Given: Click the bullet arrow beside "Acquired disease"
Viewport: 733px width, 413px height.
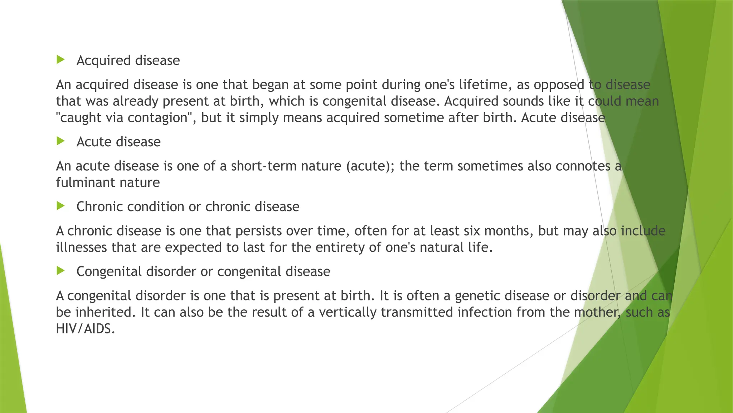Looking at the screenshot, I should (x=60, y=60).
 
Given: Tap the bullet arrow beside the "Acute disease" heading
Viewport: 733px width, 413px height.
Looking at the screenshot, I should (x=60, y=141).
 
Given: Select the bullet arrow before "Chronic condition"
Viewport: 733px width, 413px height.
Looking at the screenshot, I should (x=60, y=206).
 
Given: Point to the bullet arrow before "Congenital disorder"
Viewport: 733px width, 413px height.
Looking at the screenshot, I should (x=60, y=271).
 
